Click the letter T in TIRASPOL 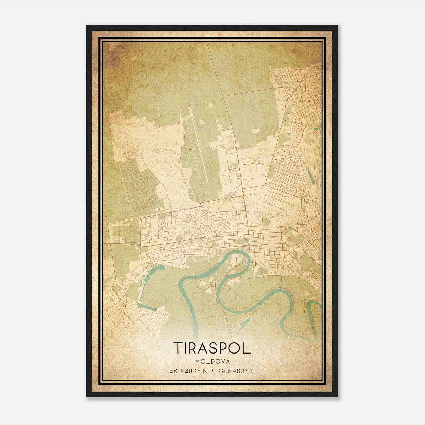[178, 348]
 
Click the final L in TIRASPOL [247, 348]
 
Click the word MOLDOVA [212, 362]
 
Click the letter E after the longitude [253, 371]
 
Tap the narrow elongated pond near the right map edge [311, 175]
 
